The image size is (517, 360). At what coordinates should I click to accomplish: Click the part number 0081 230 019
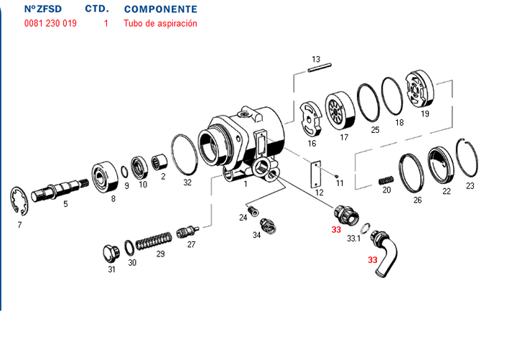pyautogui.click(x=50, y=23)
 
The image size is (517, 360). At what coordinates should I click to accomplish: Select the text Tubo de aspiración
pyautogui.click(x=160, y=23)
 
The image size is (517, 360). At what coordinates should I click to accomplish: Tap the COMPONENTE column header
pyautogui.click(x=160, y=9)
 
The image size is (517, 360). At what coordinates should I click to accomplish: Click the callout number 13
pyautogui.click(x=315, y=58)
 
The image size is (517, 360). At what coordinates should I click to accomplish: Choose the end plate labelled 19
pyautogui.click(x=420, y=89)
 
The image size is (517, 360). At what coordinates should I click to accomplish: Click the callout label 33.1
pyautogui.click(x=353, y=238)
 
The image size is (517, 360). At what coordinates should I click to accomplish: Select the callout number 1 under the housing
pyautogui.click(x=246, y=185)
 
